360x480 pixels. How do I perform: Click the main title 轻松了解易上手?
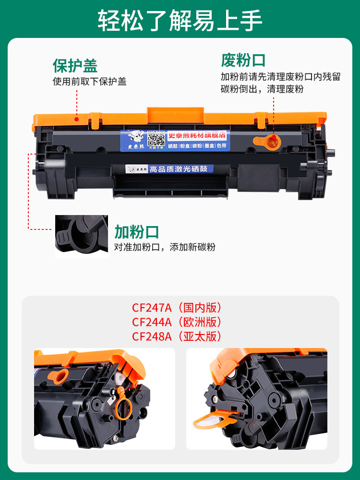click(180, 20)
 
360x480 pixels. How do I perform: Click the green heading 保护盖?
click(75, 66)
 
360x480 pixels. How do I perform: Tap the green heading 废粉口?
click(243, 60)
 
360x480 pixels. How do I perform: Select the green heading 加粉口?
click(136, 232)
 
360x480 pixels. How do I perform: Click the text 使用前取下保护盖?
click(89, 82)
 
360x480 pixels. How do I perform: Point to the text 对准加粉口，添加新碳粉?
click(165, 248)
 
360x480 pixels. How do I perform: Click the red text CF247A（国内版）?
click(177, 308)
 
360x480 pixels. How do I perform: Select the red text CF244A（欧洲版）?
click(177, 322)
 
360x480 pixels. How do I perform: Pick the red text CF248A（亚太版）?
click(177, 336)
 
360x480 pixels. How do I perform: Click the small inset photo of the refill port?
click(82, 236)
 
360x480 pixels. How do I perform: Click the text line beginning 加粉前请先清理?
click(280, 77)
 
